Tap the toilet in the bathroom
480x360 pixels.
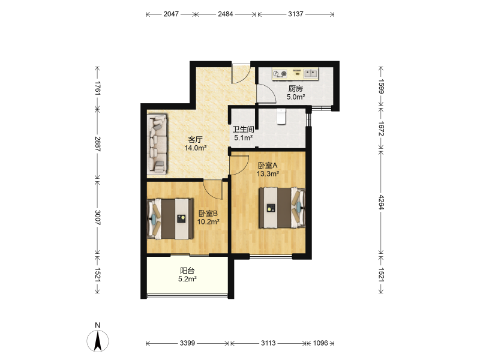[x=281, y=116]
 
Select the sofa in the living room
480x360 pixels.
[x=157, y=145]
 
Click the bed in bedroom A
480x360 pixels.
[x=282, y=208]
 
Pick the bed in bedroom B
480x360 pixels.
[x=170, y=218]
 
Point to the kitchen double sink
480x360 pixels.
[x=310, y=73]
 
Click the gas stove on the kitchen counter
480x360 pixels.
[x=280, y=73]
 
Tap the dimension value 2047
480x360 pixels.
[x=171, y=14]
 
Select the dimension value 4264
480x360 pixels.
[x=381, y=202]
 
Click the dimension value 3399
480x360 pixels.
[x=187, y=343]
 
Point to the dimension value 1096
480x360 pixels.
[x=320, y=343]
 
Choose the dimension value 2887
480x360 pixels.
[x=98, y=144]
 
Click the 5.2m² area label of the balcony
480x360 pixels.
[x=187, y=279]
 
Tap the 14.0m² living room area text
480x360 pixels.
[x=196, y=148]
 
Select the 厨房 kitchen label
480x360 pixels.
[x=296, y=89]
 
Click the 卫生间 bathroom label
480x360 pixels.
[x=244, y=130]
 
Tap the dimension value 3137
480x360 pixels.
[x=296, y=14]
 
